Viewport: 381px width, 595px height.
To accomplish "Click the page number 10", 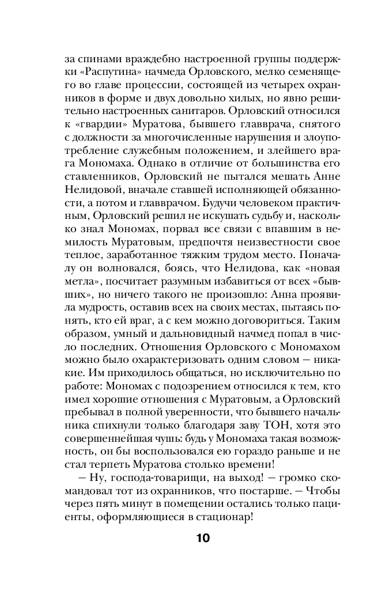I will click(202, 539).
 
